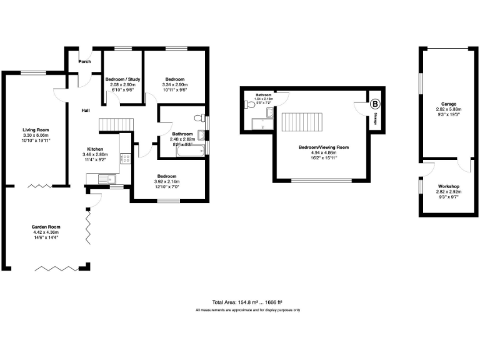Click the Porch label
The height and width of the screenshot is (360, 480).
(x=84, y=61)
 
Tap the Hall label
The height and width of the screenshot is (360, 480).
(x=86, y=111)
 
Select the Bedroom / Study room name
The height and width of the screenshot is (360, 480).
(x=122, y=79)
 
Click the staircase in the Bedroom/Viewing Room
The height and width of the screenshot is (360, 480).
(x=302, y=122)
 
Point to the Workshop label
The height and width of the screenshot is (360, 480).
(x=448, y=187)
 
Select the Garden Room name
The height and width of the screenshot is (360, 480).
(x=45, y=227)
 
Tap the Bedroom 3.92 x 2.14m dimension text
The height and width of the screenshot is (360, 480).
(x=167, y=181)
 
